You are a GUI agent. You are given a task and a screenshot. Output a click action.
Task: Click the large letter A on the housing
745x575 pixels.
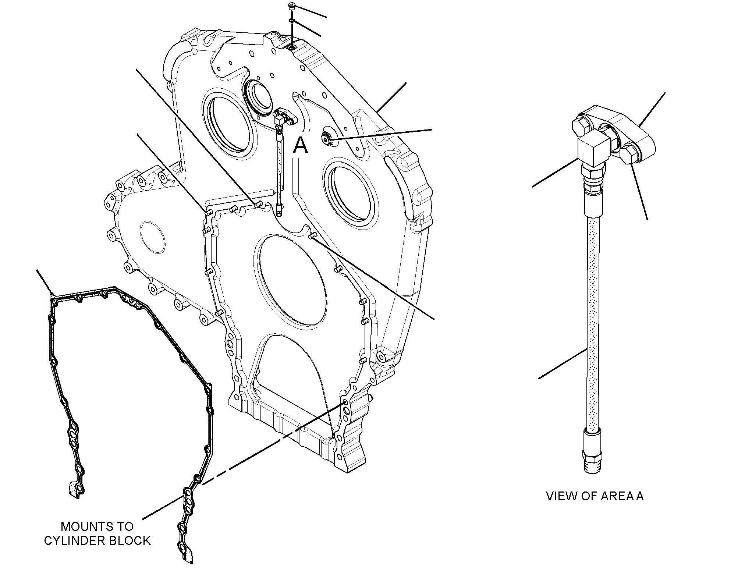(300, 145)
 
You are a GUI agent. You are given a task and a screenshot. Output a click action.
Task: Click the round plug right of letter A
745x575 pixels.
(326, 138)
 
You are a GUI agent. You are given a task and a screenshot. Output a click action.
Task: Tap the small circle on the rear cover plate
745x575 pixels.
(153, 237)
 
